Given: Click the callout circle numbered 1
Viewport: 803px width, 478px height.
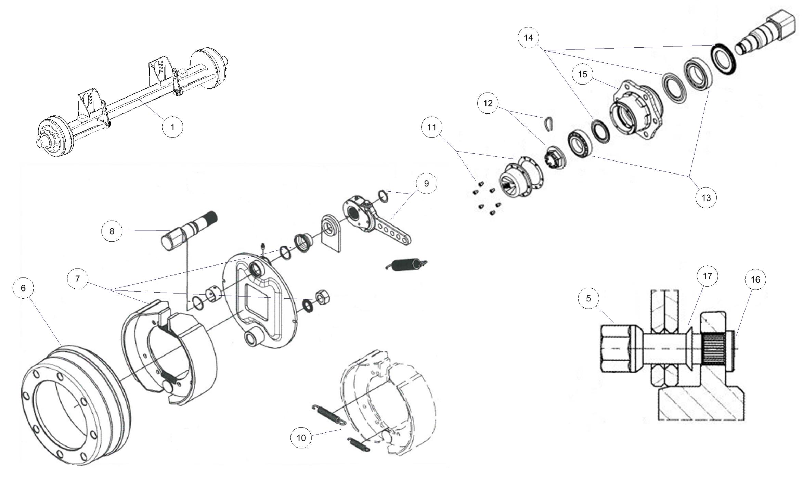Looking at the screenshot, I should (x=172, y=127).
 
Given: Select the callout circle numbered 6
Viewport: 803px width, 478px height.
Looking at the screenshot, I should (x=23, y=288).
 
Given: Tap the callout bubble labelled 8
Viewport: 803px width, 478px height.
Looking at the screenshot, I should (x=112, y=231).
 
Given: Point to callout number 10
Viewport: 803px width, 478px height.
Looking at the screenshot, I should (x=301, y=438).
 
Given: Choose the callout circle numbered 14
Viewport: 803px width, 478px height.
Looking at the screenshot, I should (x=528, y=38).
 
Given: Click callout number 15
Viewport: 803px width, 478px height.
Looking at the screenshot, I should (x=583, y=74).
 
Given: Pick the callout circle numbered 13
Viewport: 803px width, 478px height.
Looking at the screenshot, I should (x=706, y=197).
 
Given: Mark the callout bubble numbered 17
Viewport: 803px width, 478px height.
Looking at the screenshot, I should (x=708, y=276).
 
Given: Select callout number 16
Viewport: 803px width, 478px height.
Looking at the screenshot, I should (x=755, y=280).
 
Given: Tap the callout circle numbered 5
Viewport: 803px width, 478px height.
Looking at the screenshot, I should (x=588, y=298).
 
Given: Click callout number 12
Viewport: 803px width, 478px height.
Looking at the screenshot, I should (x=488, y=103).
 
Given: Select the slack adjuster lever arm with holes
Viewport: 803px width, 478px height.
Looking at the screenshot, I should (x=393, y=229).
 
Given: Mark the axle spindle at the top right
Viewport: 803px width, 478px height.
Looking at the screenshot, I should (x=766, y=38).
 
